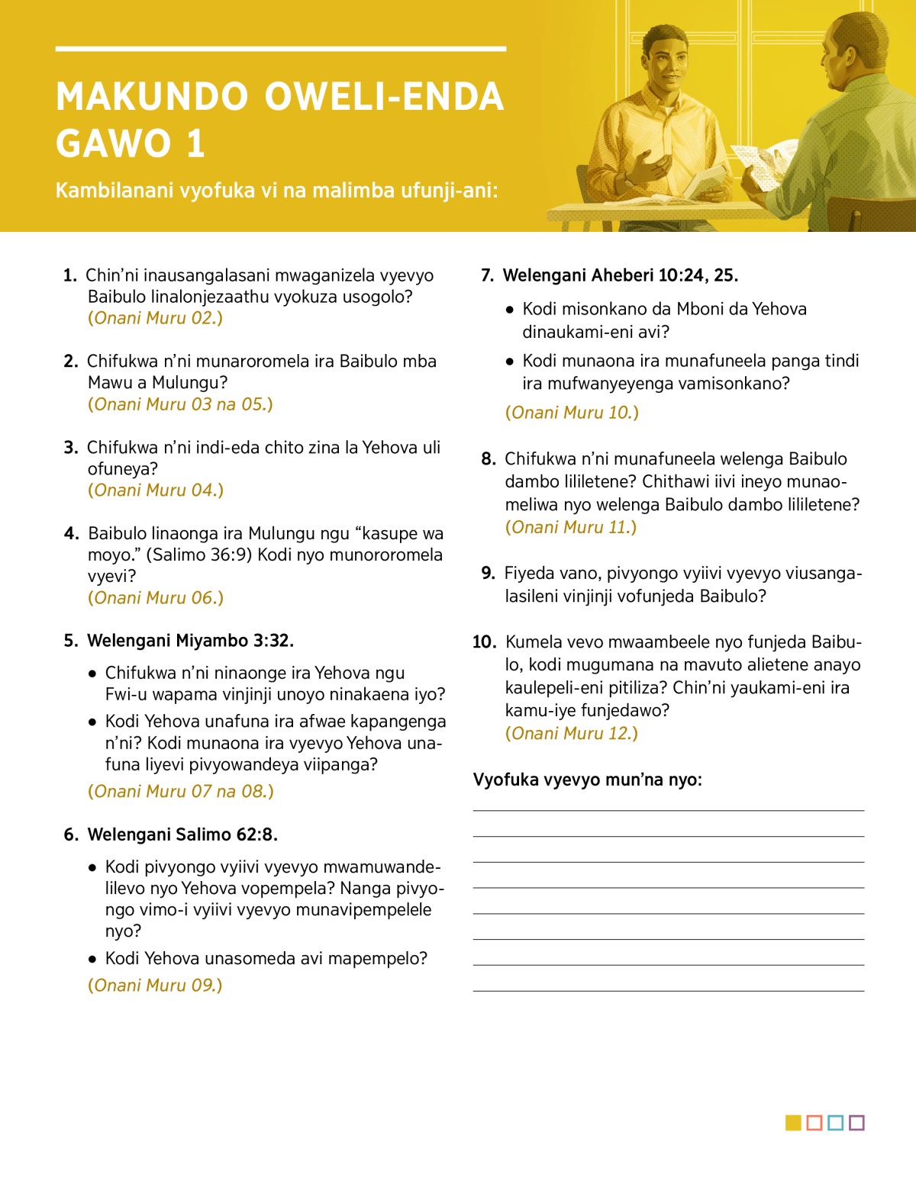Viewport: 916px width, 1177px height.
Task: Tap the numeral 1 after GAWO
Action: pyautogui.click(x=195, y=144)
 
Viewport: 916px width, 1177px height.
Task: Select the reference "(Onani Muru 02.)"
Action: pyautogui.click(x=155, y=318)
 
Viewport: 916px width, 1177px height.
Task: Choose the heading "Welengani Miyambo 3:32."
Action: pyautogui.click(x=190, y=641)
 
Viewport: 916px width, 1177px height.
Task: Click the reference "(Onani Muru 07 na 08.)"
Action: pyautogui.click(x=180, y=791)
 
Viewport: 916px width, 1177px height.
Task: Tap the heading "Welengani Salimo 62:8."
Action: pyautogui.click(x=182, y=835)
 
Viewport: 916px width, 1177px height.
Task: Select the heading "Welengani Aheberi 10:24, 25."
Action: pyautogui.click(x=621, y=275)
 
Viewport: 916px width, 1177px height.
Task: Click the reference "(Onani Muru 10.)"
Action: pyautogui.click(x=572, y=413)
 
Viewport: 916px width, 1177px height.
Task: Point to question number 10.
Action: pyautogui.click(x=484, y=642)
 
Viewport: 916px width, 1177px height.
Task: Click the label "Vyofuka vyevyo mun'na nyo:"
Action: pyautogui.click(x=587, y=780)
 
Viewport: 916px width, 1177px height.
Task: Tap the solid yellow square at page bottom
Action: pyautogui.click(x=793, y=1123)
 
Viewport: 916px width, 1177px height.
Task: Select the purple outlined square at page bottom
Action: pyautogui.click(x=856, y=1123)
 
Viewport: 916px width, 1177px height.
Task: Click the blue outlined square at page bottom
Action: pyautogui.click(x=835, y=1123)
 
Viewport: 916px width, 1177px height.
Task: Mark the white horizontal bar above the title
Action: pyautogui.click(x=280, y=49)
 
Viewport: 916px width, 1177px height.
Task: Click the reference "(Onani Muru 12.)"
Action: pyautogui.click(x=571, y=734)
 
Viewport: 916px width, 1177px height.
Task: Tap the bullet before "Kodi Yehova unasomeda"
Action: pyautogui.click(x=92, y=959)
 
